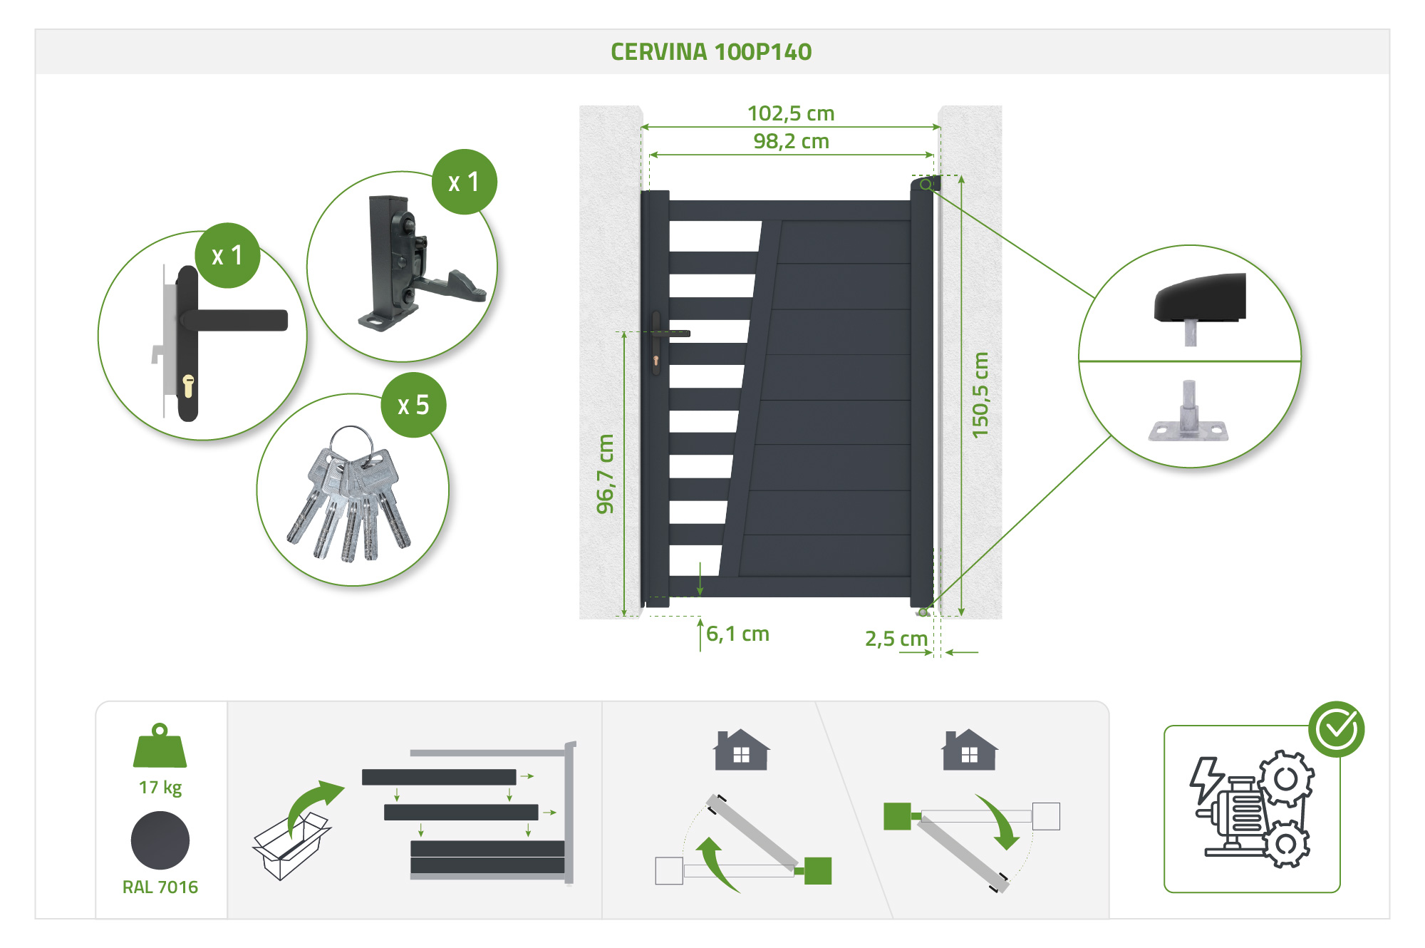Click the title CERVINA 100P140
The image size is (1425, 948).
tap(711, 52)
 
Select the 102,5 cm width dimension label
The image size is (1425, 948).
tap(791, 113)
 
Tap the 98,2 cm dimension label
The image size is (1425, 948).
tap(791, 141)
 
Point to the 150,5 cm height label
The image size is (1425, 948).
tap(980, 395)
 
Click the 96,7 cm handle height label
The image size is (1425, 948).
tap(605, 474)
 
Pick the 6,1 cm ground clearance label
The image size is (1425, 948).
tap(737, 634)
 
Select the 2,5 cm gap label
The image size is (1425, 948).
tap(896, 638)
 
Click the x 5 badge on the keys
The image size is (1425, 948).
tap(413, 405)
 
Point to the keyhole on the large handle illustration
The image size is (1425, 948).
tap(188, 386)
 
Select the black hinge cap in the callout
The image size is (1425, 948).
tap(1201, 298)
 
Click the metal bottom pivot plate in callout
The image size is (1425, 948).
tap(1188, 421)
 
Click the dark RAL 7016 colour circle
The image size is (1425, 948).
tap(160, 840)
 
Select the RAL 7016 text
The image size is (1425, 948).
tap(160, 887)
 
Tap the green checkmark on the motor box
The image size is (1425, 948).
tap(1336, 728)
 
